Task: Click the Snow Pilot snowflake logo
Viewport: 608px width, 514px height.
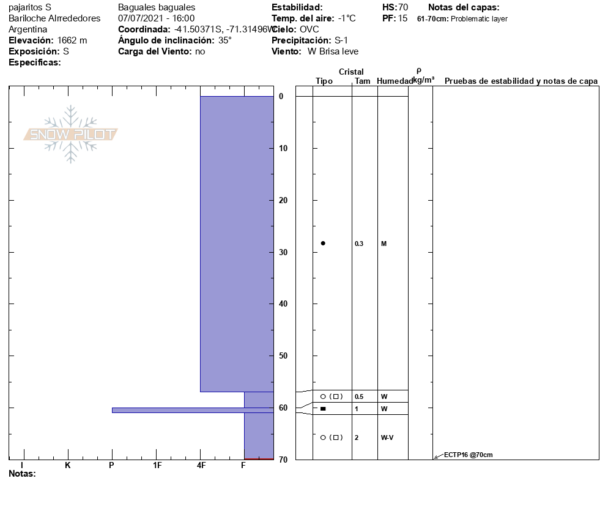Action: pyautogui.click(x=70, y=134)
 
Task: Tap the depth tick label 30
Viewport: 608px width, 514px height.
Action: pyautogui.click(x=283, y=252)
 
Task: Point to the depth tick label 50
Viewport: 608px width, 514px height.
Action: pyautogui.click(x=283, y=356)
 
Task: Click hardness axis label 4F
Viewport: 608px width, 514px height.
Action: pyautogui.click(x=201, y=465)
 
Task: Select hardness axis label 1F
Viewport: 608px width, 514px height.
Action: pyautogui.click(x=157, y=465)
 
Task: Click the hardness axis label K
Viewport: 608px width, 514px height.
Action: pyautogui.click(x=68, y=465)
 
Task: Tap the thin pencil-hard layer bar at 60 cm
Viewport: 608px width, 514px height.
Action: pyautogui.click(x=193, y=410)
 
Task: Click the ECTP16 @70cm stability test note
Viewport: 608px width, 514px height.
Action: pyautogui.click(x=468, y=455)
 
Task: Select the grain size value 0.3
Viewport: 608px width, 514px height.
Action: pyautogui.click(x=359, y=244)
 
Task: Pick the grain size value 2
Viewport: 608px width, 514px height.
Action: pyautogui.click(x=357, y=438)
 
